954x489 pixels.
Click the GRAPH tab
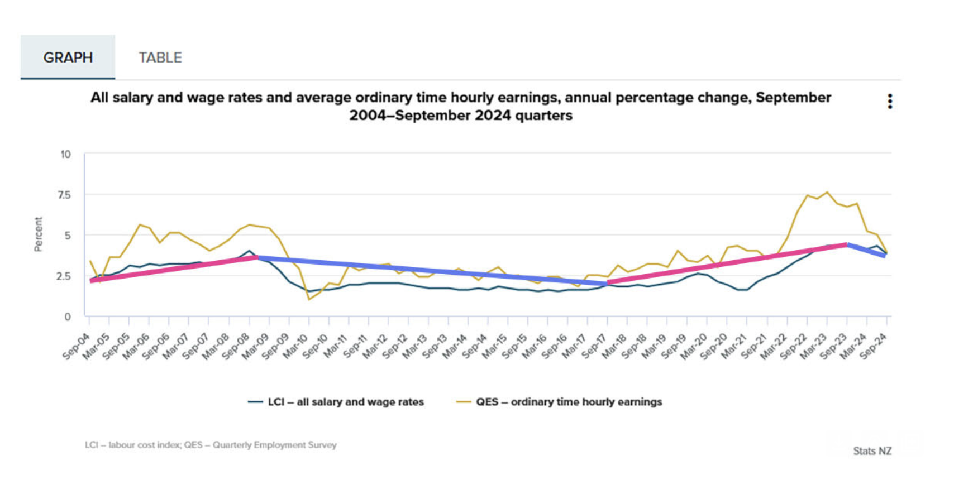(x=68, y=57)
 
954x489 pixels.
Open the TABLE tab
(x=160, y=57)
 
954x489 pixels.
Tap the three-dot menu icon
(x=890, y=101)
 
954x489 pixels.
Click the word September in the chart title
(x=793, y=98)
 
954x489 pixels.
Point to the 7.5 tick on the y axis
(x=64, y=195)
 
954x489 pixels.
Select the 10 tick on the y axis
(x=65, y=154)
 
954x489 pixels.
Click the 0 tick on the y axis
(x=68, y=317)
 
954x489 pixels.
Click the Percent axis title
(x=39, y=234)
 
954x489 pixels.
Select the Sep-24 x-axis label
(x=874, y=347)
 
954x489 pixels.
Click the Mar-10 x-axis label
(x=295, y=347)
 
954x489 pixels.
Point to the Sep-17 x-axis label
(x=594, y=347)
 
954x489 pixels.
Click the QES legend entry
(x=559, y=402)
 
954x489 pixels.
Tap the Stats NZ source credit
(x=872, y=451)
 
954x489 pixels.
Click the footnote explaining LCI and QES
(x=211, y=445)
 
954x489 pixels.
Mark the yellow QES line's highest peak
(x=827, y=192)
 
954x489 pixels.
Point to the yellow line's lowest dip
(x=309, y=300)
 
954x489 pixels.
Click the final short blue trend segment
(x=866, y=250)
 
